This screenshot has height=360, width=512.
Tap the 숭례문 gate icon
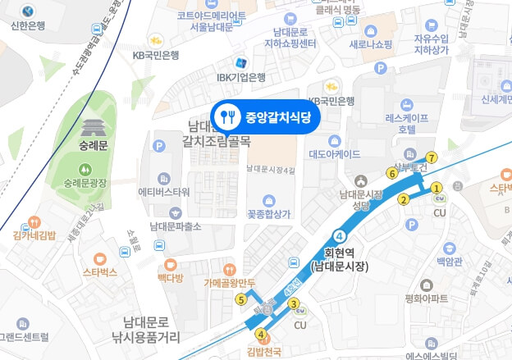click(90, 130)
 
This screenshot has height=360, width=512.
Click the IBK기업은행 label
click(240, 77)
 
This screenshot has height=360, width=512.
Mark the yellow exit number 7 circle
click(432, 157)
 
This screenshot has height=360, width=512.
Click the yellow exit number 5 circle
click(240, 299)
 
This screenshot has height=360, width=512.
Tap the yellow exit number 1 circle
click(437, 187)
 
